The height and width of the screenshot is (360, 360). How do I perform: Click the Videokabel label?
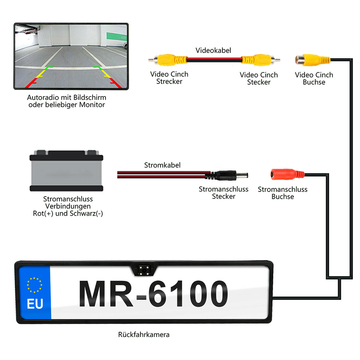point(213,50)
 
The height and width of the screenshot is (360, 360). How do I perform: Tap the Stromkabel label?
point(162,165)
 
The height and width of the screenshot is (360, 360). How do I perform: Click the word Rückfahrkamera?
point(144,334)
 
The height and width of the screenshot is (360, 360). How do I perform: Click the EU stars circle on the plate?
point(35,284)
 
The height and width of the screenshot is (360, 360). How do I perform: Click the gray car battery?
point(66,171)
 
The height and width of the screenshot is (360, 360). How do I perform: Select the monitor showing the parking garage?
point(71,56)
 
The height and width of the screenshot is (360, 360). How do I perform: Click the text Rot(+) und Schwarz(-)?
point(68,213)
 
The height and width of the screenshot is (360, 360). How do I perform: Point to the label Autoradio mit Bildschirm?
point(67,98)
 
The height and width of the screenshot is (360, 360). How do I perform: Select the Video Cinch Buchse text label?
point(314,78)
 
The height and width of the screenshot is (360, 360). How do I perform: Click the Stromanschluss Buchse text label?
point(283,193)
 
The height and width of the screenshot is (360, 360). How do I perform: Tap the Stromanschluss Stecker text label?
point(224,193)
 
